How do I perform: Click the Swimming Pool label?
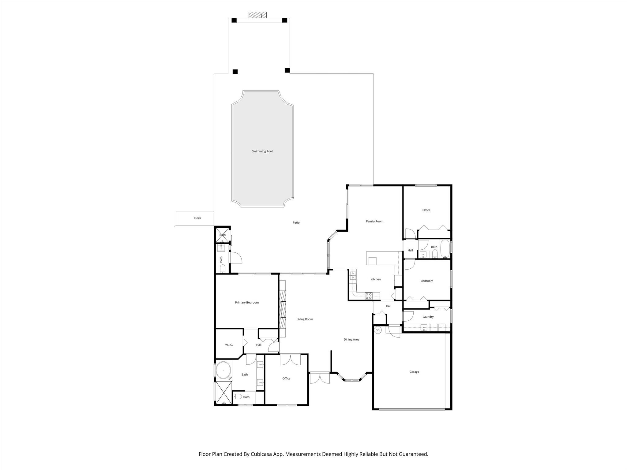click(x=262, y=151)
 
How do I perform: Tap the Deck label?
click(x=197, y=218)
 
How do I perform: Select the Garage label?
click(x=414, y=372)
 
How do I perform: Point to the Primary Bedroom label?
click(x=247, y=302)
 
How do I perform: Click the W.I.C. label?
click(x=229, y=345)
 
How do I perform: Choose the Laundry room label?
click(x=428, y=317)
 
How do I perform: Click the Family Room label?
click(x=374, y=221)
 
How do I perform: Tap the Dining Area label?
click(x=351, y=339)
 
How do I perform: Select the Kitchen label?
click(x=375, y=279)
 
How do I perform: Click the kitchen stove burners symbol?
click(x=369, y=296)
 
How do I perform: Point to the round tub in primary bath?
click(x=223, y=370)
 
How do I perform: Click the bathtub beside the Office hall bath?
click(x=445, y=249)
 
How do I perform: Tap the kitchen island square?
click(x=372, y=261)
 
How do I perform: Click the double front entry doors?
click(x=319, y=378)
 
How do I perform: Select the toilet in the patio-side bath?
click(x=223, y=268)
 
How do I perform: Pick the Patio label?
click(x=296, y=222)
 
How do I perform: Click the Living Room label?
click(x=305, y=319)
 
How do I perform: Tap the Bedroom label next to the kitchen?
click(x=427, y=281)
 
